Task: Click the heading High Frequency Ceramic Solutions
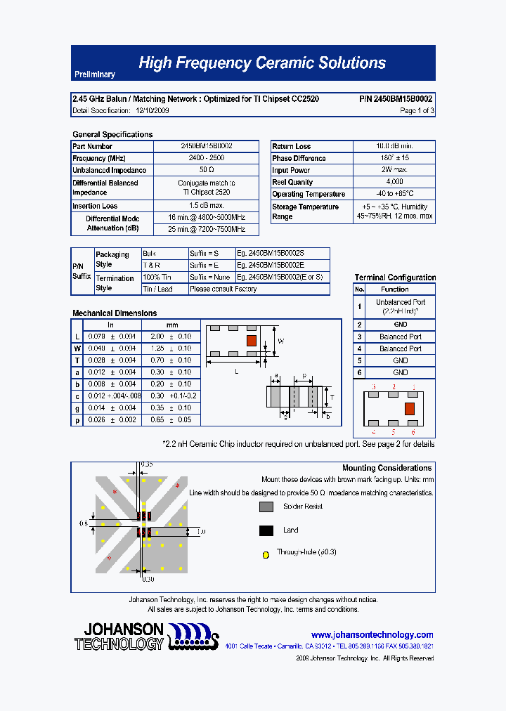click(261, 63)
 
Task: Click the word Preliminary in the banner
click(94, 74)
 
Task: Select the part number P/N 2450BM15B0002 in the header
click(396, 99)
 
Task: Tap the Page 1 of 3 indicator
click(417, 110)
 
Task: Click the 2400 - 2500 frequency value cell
click(207, 158)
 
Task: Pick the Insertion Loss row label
click(95, 206)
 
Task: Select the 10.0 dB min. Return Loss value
click(394, 146)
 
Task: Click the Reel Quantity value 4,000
click(394, 182)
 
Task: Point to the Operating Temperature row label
click(309, 194)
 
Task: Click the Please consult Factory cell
click(223, 289)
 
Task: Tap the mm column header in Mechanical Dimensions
click(172, 325)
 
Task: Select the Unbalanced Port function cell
click(400, 306)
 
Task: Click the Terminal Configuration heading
click(395, 278)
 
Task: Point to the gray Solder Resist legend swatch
click(266, 507)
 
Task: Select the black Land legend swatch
click(266, 530)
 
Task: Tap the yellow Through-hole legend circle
click(266, 554)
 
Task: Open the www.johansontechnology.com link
click(372, 634)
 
